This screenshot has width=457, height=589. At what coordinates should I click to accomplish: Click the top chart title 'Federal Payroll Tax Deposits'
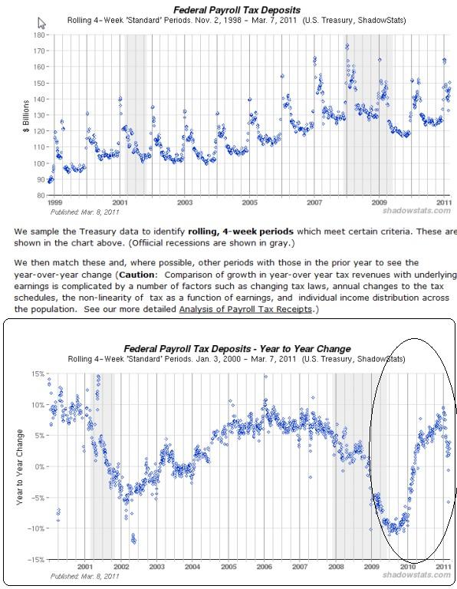click(237, 10)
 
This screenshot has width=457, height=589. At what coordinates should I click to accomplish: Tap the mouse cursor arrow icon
click(41, 23)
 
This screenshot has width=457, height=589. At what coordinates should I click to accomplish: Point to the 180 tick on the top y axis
click(38, 35)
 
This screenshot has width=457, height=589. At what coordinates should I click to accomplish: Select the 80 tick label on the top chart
click(41, 196)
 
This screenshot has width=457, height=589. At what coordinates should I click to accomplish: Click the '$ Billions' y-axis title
click(26, 116)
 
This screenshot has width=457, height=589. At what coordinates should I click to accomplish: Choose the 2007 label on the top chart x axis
click(314, 202)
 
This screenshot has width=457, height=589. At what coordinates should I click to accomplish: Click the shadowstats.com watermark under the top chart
click(416, 211)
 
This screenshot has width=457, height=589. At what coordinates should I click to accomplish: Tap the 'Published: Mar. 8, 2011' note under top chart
click(84, 212)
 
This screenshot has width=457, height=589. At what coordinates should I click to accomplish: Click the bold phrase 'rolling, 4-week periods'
click(241, 232)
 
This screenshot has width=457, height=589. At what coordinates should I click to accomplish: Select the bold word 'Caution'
click(136, 275)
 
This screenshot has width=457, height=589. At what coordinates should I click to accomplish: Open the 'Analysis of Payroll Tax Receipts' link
click(245, 309)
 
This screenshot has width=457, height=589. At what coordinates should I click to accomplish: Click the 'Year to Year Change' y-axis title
click(19, 467)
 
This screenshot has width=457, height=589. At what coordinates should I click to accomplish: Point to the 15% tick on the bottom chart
click(37, 373)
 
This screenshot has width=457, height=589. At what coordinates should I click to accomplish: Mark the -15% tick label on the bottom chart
click(36, 560)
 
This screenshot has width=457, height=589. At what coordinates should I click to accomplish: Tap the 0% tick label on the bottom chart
click(39, 467)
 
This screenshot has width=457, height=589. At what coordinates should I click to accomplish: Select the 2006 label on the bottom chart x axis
click(265, 567)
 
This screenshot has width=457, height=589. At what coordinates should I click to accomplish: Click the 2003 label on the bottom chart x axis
click(156, 567)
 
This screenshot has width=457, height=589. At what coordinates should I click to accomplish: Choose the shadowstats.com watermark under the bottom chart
click(416, 575)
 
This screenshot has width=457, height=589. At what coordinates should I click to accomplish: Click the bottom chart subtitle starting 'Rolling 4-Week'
click(237, 359)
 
